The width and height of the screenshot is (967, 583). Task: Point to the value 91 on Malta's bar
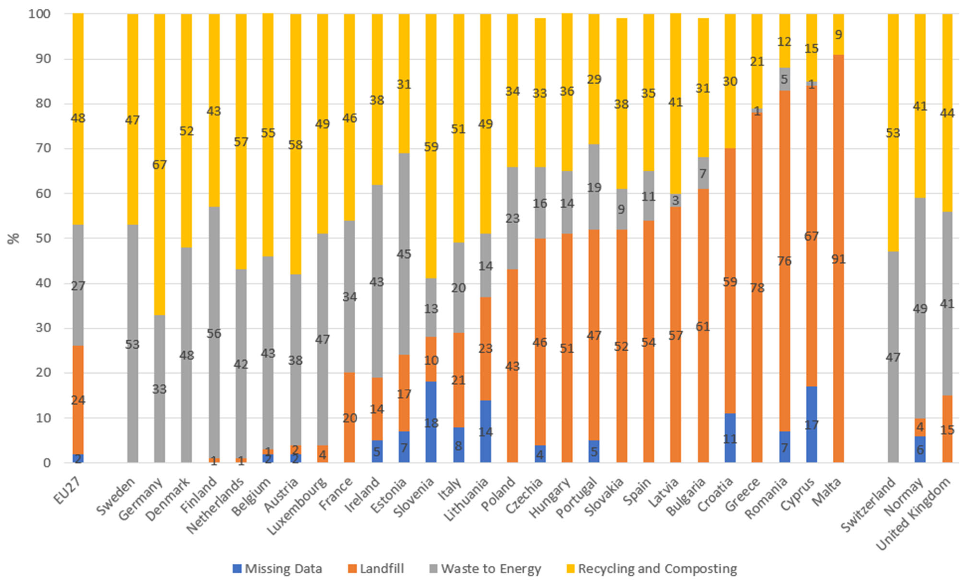tap(838, 259)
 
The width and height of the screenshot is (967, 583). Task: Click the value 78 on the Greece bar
tap(757, 288)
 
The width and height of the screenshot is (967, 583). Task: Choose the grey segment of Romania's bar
tap(784, 79)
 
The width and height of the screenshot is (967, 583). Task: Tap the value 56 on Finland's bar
tap(214, 333)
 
